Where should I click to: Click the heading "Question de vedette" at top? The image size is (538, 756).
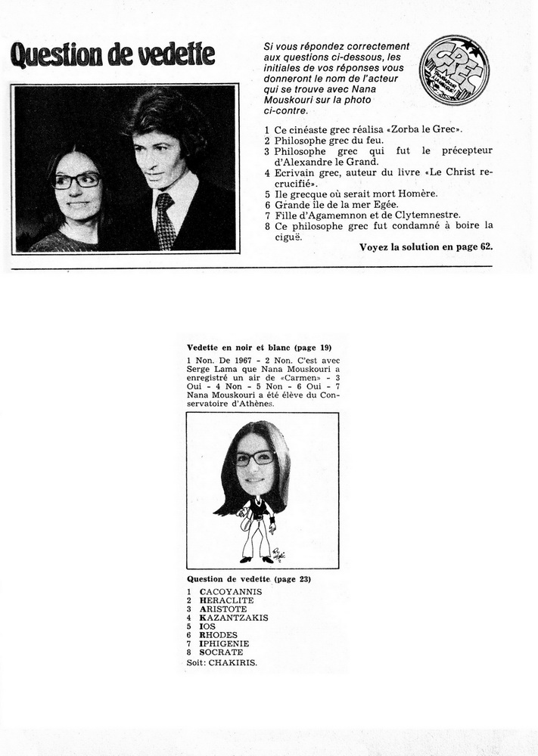112,54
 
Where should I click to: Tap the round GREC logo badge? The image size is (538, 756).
453,70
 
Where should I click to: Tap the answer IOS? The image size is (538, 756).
207,627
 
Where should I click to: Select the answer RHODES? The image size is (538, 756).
219,636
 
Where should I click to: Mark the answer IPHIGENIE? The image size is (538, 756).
225,644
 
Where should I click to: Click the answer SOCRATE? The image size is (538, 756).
222,652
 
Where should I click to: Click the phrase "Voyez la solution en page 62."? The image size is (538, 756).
425,247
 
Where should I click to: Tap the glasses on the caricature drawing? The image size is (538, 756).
254,458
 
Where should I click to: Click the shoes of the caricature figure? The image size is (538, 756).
256,559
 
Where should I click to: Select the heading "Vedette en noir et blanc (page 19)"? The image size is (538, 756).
248,347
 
